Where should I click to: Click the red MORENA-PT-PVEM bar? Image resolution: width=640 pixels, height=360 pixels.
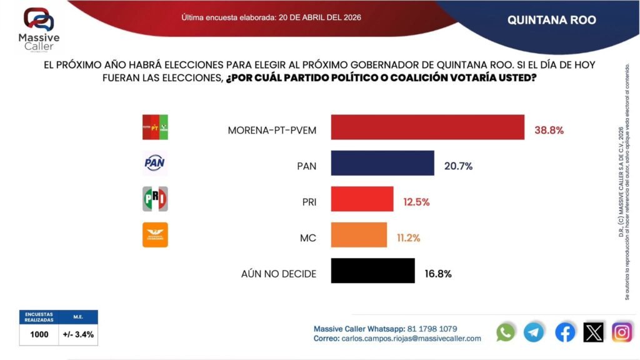(x=427, y=127)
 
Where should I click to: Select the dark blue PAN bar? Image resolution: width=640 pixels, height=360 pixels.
(x=382, y=163)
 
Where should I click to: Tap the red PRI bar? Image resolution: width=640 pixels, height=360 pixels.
(x=362, y=199)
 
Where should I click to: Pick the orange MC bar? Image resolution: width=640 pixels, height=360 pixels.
(x=358, y=235)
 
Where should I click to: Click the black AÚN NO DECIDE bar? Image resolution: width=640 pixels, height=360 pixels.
(x=372, y=271)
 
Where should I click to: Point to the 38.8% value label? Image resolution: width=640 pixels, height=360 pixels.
(x=549, y=131)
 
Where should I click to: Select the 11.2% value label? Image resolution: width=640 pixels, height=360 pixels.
(x=408, y=238)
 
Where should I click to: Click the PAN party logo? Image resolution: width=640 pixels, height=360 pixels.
(x=154, y=163)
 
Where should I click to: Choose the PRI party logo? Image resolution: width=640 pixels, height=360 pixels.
(x=154, y=199)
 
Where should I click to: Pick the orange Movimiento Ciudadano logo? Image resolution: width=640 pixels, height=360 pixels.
(x=154, y=235)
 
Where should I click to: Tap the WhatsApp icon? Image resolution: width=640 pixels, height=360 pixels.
(x=506, y=332)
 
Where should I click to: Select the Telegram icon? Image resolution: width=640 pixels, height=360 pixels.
(x=534, y=332)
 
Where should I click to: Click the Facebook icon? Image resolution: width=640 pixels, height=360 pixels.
(x=565, y=332)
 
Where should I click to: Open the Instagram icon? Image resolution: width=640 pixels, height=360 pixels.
(x=622, y=332)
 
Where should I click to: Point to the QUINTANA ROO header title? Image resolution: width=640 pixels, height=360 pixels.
(x=551, y=20)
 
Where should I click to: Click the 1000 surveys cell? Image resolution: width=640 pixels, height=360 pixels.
(x=39, y=334)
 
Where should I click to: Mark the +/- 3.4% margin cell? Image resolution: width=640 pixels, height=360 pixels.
(x=78, y=334)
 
